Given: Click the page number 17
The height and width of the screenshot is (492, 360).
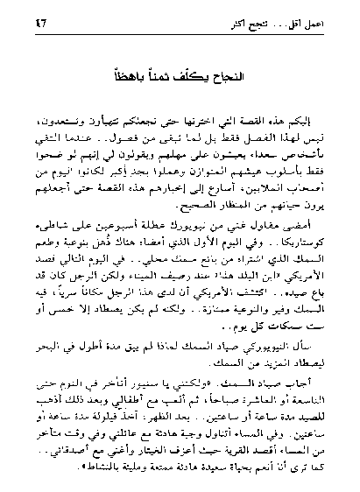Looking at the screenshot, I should [39, 24].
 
